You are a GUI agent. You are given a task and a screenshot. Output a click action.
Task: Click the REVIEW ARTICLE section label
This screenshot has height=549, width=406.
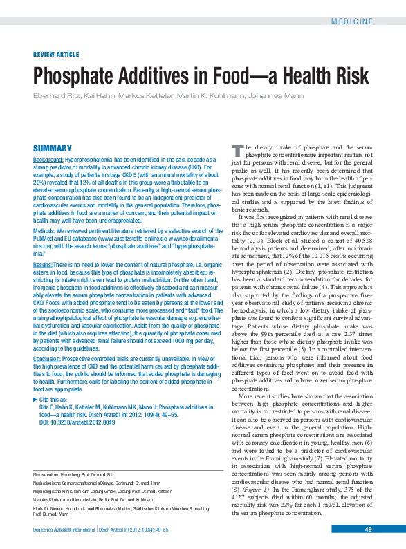(56, 53)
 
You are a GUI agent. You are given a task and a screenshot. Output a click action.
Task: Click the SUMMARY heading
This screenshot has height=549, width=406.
(53, 148)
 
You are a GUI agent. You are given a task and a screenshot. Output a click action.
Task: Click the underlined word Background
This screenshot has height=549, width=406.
(48, 159)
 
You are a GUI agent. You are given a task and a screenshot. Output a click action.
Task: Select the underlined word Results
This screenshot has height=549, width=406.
(43, 265)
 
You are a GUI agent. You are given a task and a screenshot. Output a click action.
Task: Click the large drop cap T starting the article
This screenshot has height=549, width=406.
(236, 150)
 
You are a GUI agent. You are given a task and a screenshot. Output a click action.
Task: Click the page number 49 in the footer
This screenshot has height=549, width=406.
(369, 529)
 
